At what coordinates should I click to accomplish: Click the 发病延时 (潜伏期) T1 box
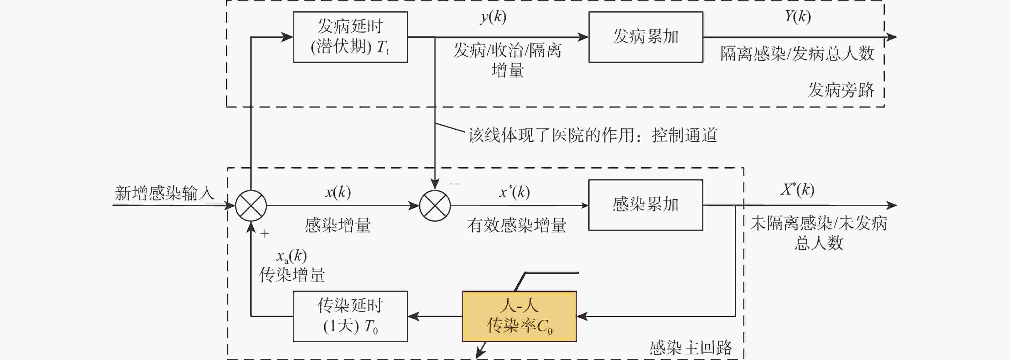[350, 37]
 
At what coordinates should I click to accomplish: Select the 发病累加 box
[645, 37]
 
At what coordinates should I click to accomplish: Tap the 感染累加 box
[645, 205]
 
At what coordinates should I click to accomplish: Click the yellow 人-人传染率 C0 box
[519, 316]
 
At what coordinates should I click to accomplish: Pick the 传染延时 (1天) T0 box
[350, 316]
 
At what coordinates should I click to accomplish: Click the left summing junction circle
[251, 206]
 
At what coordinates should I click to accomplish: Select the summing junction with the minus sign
[435, 206]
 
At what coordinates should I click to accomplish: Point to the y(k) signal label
[493, 17]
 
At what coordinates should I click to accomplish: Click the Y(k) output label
[798, 17]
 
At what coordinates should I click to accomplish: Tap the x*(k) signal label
[514, 192]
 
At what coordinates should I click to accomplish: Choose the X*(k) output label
[798, 190]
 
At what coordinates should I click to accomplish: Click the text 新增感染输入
[165, 193]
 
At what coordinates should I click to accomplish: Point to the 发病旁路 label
[841, 90]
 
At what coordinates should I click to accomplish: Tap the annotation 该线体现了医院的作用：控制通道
[592, 135]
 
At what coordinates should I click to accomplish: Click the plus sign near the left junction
[265, 234]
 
